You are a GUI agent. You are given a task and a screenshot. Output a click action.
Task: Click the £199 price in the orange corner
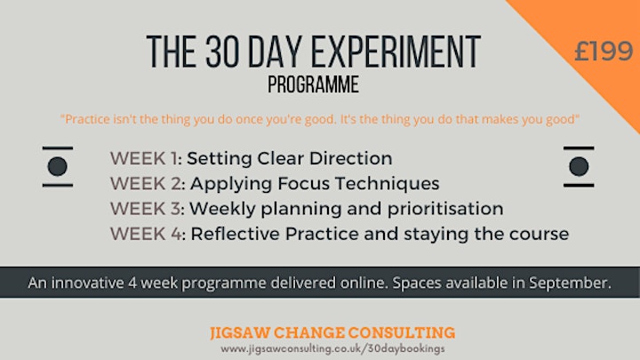coord(604,52)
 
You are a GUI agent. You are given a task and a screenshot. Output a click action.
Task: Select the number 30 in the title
coord(222,52)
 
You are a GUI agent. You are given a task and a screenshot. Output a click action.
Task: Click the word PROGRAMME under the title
coord(313,84)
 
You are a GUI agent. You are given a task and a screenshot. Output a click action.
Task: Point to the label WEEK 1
coord(144,158)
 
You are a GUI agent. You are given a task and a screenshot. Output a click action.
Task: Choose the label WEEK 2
coord(146,184)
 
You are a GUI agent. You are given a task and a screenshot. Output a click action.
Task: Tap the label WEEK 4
coord(146,234)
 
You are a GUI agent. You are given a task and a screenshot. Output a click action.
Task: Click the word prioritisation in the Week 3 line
coord(445,209)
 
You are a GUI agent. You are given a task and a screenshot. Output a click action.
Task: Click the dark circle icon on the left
coord(58,166)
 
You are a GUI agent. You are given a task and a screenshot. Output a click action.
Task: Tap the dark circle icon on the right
coord(579,166)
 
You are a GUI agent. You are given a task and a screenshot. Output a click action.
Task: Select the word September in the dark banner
coord(570,283)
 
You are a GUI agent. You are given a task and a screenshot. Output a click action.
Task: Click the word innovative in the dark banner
coord(87,283)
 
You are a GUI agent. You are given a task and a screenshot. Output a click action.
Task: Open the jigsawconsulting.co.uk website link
coord(332,349)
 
